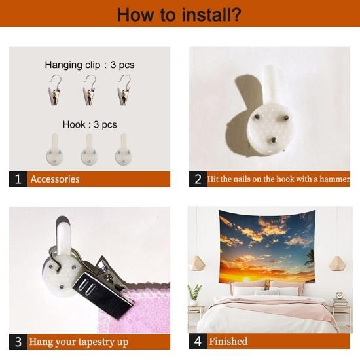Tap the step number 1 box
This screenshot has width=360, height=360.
18,179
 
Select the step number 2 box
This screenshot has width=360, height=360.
198,179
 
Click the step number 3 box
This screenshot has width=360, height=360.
18,342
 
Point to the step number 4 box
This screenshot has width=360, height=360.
198,341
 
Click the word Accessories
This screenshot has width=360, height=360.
55,179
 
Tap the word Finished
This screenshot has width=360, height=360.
228,342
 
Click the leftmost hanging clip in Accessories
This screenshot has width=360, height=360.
55,90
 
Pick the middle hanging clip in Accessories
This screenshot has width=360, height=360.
89,90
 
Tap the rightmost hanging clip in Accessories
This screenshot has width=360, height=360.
124,90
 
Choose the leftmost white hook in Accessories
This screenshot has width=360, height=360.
54,149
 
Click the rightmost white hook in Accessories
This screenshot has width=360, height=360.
124,149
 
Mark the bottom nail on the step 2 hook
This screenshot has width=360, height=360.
273,139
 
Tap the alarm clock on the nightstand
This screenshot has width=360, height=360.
339,295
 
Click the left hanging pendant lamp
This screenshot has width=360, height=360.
198,263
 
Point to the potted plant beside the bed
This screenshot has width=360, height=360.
194,295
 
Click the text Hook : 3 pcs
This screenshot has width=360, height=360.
90,124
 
